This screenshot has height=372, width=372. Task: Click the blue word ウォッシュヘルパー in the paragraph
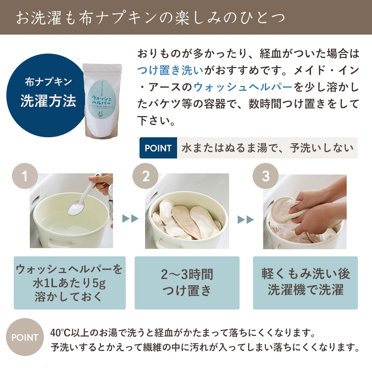pyautogui.click(x=243, y=87)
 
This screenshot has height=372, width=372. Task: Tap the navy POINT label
pyautogui.click(x=158, y=148)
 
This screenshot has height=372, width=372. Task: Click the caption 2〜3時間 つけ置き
pyautogui.click(x=187, y=283)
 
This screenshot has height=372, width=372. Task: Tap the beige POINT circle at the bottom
pyautogui.click(x=25, y=337)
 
